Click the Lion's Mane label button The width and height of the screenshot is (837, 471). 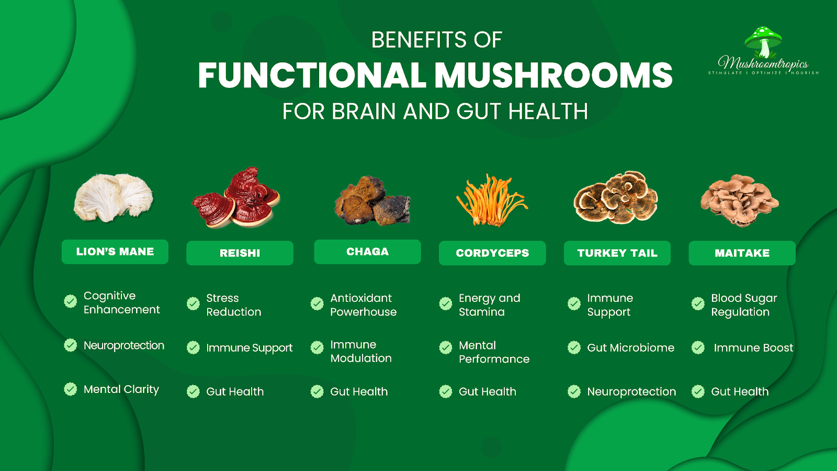(115, 252)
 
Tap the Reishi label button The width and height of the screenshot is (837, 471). (240, 253)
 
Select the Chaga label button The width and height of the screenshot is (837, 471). (367, 252)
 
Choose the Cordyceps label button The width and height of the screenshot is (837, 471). (492, 253)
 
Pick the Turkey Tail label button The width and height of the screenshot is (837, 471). (617, 253)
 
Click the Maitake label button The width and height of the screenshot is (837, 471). (742, 253)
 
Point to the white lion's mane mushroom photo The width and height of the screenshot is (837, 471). (113, 197)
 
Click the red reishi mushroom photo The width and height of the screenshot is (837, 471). (236, 197)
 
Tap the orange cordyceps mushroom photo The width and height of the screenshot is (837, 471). (491, 200)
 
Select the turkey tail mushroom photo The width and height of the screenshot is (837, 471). (616, 198)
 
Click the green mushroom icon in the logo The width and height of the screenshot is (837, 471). (763, 41)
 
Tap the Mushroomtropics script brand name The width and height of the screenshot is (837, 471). (763, 63)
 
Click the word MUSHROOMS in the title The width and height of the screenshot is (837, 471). (553, 75)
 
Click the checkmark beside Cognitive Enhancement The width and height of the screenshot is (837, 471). (70, 301)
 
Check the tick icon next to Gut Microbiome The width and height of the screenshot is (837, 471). (574, 347)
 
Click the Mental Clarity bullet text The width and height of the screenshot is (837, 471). (121, 389)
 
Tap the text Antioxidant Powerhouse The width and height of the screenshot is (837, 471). (363, 305)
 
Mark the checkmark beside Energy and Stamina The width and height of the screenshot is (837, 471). (445, 304)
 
